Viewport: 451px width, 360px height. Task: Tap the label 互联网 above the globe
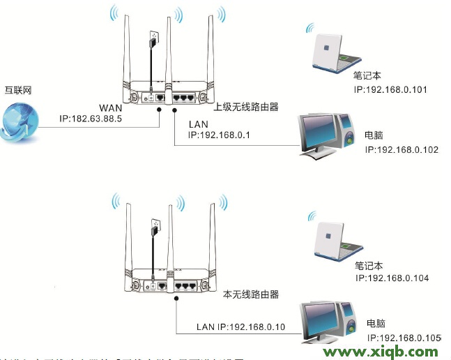19,91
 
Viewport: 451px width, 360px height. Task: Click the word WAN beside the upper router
112,108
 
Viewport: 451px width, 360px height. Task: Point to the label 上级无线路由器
245,107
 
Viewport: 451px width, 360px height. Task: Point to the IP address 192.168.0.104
392,278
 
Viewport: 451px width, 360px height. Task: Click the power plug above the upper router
153,39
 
